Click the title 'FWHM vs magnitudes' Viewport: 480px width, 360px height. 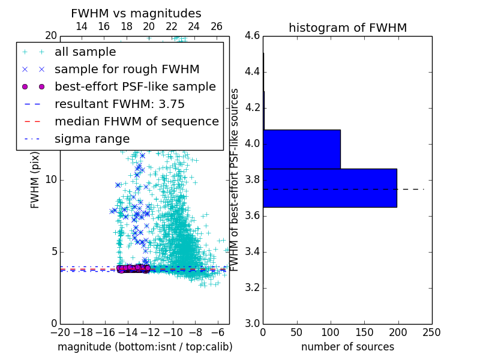(136, 13)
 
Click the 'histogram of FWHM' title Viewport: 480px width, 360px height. (347, 28)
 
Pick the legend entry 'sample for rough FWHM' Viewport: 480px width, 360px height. (127, 69)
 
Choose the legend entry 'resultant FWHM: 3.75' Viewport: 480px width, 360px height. (119, 104)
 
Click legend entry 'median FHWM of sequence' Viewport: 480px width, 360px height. (137, 121)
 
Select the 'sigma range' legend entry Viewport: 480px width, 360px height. (92, 139)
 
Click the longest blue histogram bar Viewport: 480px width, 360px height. (329, 188)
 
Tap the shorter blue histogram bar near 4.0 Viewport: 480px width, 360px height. (301, 149)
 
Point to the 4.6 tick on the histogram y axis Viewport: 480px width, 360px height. (252, 36)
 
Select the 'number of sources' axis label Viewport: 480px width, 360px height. (347, 347)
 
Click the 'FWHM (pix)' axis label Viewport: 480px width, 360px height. (35, 179)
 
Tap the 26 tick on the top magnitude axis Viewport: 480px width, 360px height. (217, 26)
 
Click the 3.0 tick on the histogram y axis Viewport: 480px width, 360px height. (252, 323)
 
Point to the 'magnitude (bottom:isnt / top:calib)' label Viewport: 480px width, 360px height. (145, 347)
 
